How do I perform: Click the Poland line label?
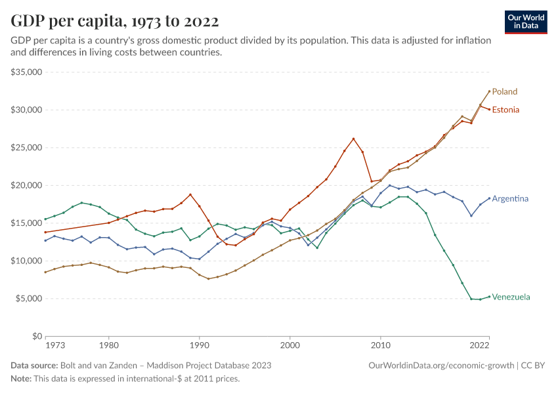coord(505,91)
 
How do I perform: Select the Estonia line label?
coord(505,110)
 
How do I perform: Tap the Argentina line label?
coord(510,198)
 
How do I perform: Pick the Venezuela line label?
coord(511,297)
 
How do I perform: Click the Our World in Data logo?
coord(526,22)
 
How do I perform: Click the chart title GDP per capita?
coord(115,21)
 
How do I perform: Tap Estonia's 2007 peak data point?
coord(353,139)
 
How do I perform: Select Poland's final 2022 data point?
coord(489,91)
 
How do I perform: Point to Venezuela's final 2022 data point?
coord(489,296)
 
